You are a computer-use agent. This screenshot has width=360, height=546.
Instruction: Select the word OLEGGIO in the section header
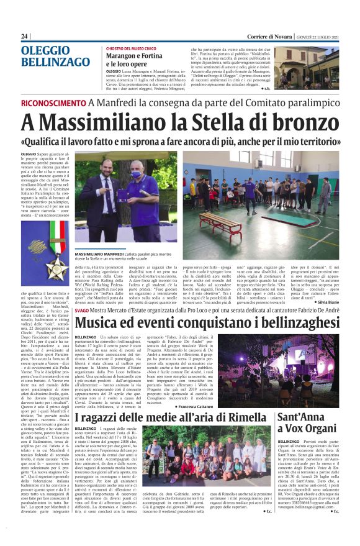coord(43,50)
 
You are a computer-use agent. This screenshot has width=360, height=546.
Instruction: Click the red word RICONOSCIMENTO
coord(53,102)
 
